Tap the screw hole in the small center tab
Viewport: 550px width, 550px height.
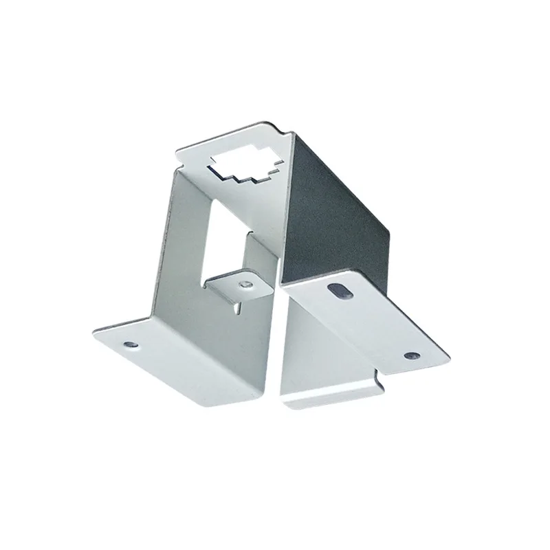[245, 283]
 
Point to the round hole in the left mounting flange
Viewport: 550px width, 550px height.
[129, 341]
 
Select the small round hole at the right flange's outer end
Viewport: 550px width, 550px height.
[411, 355]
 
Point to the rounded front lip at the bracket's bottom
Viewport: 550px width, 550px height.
[330, 399]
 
